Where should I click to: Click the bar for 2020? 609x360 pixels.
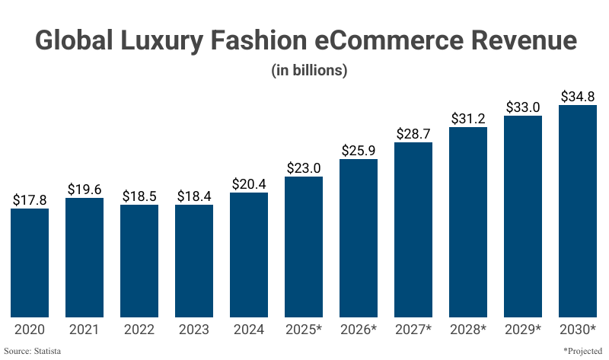(30, 263)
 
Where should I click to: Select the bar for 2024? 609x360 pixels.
(249, 255)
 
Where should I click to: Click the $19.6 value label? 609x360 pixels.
(84, 190)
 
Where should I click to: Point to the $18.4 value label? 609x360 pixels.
(194, 196)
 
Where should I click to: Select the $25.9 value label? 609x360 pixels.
(359, 150)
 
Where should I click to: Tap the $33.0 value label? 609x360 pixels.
(523, 107)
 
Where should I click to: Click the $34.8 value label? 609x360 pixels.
(578, 96)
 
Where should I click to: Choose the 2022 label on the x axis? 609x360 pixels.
(139, 330)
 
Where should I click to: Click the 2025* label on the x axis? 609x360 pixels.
(304, 330)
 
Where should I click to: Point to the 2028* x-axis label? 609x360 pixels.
(468, 330)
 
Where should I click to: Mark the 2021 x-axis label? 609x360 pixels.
(84, 330)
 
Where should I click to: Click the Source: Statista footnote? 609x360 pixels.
(32, 351)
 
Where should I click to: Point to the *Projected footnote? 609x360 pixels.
(584, 351)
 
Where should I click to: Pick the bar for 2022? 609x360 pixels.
(139, 261)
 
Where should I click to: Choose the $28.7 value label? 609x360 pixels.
(413, 133)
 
